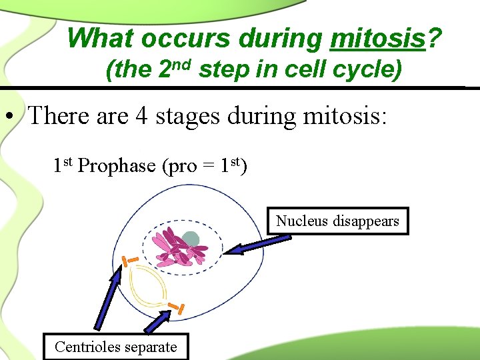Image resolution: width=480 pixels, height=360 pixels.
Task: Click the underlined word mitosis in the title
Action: click(x=377, y=39)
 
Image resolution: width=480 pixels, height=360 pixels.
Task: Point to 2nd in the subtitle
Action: click(x=176, y=69)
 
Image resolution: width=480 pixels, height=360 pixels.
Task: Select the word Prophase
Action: click(x=117, y=166)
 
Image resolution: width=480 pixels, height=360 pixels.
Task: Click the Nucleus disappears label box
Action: click(x=337, y=221)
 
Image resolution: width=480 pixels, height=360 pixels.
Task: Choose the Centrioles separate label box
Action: click(x=116, y=347)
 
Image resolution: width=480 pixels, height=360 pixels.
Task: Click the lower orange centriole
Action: click(x=177, y=307)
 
